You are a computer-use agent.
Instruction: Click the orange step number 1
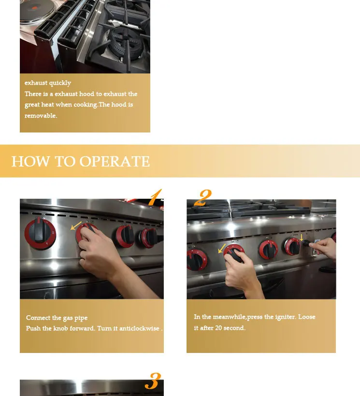pyautogui.click(x=155, y=197)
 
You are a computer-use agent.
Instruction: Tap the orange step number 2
pyautogui.click(x=203, y=198)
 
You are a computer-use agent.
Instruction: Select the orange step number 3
pyautogui.click(x=153, y=381)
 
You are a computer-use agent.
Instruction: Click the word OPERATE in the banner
pyautogui.click(x=115, y=161)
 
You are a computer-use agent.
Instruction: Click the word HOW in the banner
pyautogui.click(x=30, y=161)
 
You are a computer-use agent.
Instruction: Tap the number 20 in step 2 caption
pyautogui.click(x=218, y=328)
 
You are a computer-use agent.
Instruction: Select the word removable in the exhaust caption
pyautogui.click(x=41, y=116)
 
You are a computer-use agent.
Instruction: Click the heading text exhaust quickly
pyautogui.click(x=48, y=83)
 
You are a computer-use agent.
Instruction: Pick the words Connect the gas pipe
pyautogui.click(x=57, y=318)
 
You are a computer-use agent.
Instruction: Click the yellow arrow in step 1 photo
pyautogui.click(x=76, y=226)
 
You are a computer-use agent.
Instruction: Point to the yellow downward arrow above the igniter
pyautogui.click(x=302, y=237)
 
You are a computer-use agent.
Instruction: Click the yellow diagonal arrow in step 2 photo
pyautogui.click(x=222, y=248)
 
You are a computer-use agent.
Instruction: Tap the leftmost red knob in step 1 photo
pyautogui.click(x=40, y=234)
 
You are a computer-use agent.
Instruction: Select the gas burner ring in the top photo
pyautogui.click(x=125, y=44)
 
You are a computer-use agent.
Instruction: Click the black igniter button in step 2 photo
pyautogui.click(x=306, y=243)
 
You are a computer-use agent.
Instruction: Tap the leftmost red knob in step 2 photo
pyautogui.click(x=197, y=260)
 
